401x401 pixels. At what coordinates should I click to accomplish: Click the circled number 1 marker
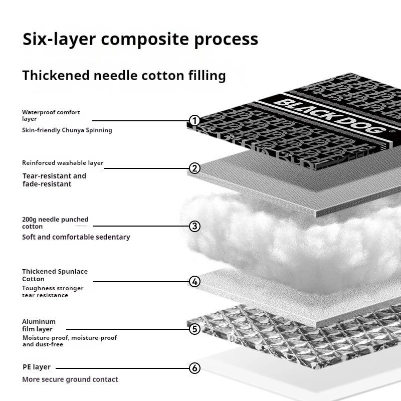tap(195, 121)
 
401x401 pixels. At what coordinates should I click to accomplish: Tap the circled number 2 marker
tap(195, 168)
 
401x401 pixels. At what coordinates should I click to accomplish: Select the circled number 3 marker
tap(195, 226)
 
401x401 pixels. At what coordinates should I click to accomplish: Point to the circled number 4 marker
tap(195, 281)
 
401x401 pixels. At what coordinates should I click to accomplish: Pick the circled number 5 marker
tap(195, 329)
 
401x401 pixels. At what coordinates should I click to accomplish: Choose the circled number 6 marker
tap(195, 368)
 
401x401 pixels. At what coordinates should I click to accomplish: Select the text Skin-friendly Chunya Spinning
tap(67, 130)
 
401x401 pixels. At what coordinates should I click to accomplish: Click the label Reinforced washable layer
tap(62, 163)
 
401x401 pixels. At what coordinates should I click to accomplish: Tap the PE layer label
tap(36, 367)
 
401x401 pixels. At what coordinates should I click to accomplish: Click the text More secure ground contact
tap(70, 379)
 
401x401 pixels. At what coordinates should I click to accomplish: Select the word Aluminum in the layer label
tap(39, 321)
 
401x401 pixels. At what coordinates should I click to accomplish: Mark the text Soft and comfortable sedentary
tap(76, 237)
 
